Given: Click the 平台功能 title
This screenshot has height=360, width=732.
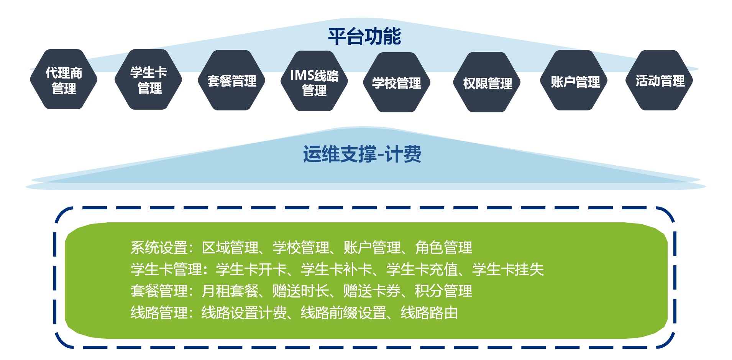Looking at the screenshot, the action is (x=364, y=37).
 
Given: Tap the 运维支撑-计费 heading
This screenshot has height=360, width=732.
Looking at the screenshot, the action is (x=362, y=155).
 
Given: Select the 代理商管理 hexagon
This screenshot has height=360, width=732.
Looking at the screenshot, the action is (x=64, y=79).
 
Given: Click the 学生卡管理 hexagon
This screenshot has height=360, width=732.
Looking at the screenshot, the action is (x=148, y=79).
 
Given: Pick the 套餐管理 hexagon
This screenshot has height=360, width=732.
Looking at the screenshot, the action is (x=231, y=81).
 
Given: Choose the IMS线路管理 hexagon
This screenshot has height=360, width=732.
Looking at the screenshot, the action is (x=314, y=81).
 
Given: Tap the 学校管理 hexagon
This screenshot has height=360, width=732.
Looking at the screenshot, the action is (x=397, y=82).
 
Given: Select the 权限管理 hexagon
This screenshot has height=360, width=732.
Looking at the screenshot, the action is (x=487, y=82).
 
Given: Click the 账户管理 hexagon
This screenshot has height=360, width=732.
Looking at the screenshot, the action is (x=575, y=81).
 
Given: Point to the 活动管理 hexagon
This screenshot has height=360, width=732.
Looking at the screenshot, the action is (x=660, y=81).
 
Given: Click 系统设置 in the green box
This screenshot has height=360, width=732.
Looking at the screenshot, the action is (x=159, y=248).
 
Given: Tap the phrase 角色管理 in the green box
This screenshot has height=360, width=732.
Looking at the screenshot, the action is (x=444, y=248).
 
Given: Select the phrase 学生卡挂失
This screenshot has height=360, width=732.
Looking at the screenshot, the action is (x=508, y=270).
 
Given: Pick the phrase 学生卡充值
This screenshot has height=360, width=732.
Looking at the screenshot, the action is (x=422, y=270).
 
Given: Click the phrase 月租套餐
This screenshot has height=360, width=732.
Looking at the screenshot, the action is (x=230, y=291).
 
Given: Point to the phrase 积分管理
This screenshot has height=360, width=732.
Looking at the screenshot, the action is (x=444, y=291).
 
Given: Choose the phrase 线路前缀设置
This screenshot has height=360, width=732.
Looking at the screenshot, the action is (x=344, y=313).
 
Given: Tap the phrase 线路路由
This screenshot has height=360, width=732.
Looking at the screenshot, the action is (x=430, y=313).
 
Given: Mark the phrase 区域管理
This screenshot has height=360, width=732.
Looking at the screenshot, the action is (x=230, y=248).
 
